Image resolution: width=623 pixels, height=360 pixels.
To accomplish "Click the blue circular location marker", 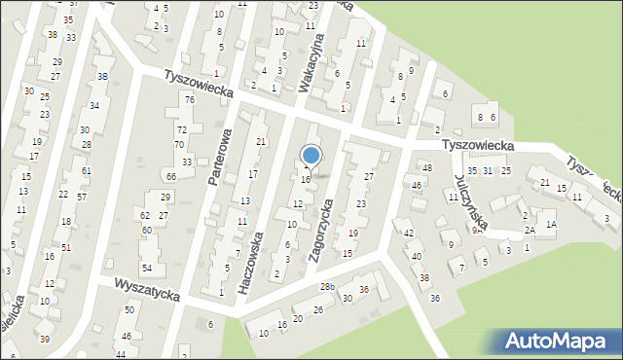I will click(x=311, y=156).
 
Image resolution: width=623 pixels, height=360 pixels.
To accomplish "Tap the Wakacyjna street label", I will click(x=317, y=69).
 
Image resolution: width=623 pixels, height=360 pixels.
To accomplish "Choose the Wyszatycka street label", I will click(x=147, y=290).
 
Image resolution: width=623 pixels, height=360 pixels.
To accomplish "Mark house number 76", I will click(x=190, y=100).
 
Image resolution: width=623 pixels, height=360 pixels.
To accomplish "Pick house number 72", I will click(x=181, y=129).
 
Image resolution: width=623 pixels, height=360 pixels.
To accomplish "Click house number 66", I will click(x=171, y=176).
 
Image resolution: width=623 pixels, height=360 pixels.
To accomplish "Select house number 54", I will click(x=147, y=268).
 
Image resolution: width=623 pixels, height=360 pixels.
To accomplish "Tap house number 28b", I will click(x=330, y=287).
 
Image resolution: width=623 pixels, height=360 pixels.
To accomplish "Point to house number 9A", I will click(x=477, y=231).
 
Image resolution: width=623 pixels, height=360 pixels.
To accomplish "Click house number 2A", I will click(x=530, y=231).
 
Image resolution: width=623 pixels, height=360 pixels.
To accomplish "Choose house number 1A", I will click(x=551, y=225).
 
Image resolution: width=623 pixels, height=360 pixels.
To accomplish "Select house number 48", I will click(x=426, y=168).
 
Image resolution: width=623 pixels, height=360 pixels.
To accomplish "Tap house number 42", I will click(x=410, y=233).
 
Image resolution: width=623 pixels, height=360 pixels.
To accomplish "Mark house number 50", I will click(x=128, y=309).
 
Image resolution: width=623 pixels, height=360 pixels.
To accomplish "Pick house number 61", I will click(x=87, y=170).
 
